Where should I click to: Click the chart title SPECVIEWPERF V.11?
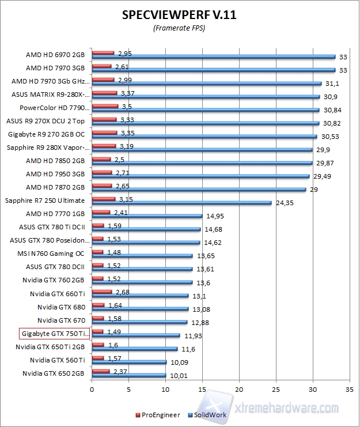(x=179, y=16)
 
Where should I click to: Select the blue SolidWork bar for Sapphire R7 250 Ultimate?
(x=181, y=203)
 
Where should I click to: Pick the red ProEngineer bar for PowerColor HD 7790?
(x=105, y=106)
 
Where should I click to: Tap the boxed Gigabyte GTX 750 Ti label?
(x=55, y=334)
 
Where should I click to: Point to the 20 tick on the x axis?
(x=239, y=390)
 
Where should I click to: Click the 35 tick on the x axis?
(x=350, y=390)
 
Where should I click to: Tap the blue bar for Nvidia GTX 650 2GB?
(x=128, y=376)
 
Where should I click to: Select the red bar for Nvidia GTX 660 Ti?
(x=101, y=292)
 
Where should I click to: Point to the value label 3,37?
(x=127, y=93)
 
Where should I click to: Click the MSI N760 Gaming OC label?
(x=55, y=254)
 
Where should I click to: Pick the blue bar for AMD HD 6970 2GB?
(x=213, y=56)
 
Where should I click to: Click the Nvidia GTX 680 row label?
(x=61, y=307)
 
